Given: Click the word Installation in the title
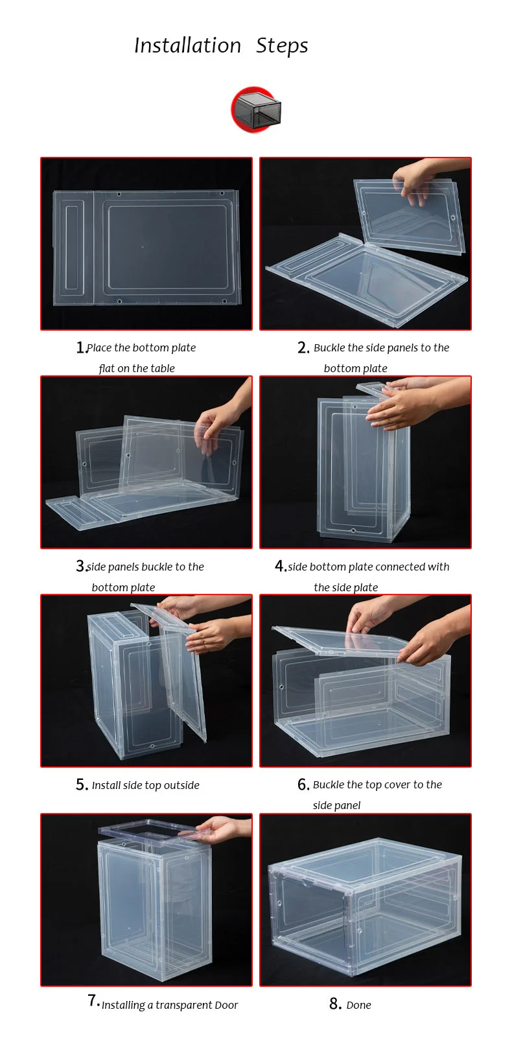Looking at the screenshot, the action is click(188, 45).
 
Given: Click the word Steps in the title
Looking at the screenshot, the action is click(282, 46).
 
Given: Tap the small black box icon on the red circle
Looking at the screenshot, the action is click(257, 110).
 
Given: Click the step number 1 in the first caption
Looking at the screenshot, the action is click(80, 347).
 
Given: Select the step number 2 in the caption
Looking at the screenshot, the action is click(303, 347).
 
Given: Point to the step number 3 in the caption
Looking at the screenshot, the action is click(80, 567).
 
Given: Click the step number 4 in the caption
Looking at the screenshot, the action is click(280, 566).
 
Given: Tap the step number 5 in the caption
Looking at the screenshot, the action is click(81, 785).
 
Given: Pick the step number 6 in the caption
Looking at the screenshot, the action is click(303, 785).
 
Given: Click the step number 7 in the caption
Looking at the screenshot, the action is click(93, 1001).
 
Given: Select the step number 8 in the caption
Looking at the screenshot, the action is click(334, 1004).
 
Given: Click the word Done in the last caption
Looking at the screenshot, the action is click(359, 1005).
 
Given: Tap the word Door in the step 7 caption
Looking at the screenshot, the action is click(226, 1005).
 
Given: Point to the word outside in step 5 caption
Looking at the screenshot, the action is click(181, 785).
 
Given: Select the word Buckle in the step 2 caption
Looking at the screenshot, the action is click(329, 347).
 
